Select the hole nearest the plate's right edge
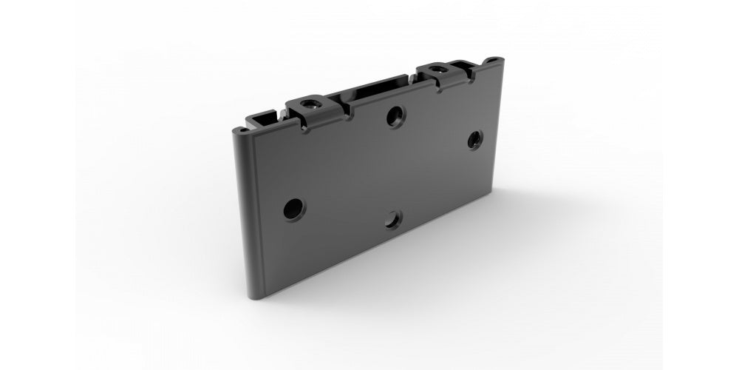pos(474,138)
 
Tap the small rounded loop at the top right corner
pos(491,59)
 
